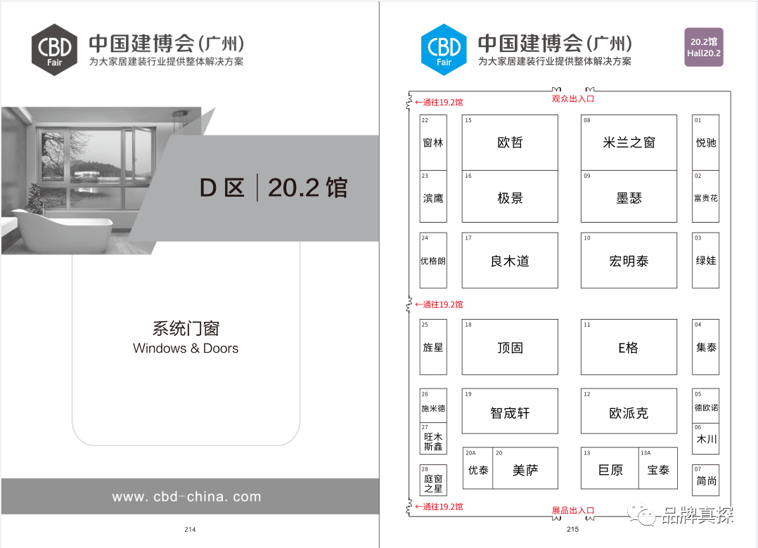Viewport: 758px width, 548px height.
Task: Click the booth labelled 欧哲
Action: click(510, 143)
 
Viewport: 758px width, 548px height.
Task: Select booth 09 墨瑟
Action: click(629, 197)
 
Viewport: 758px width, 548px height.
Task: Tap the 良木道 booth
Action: click(510, 261)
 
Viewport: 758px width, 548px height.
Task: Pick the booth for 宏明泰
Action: click(629, 261)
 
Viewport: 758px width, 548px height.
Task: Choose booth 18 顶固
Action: click(510, 347)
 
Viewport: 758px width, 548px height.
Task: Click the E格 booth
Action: click(629, 347)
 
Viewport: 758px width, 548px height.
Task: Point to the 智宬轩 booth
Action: click(510, 412)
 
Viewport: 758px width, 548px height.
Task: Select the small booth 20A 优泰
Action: click(478, 469)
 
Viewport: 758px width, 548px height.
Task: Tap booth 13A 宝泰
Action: click(658, 469)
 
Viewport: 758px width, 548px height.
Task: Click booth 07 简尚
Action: click(706, 480)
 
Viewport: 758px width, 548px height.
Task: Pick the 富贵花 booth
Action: click(706, 197)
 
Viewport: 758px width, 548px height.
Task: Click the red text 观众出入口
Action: click(573, 99)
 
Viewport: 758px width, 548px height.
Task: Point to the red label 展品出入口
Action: click(573, 510)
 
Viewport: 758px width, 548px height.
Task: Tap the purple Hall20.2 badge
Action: click(703, 47)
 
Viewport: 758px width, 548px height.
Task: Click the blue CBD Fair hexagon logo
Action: click(444, 49)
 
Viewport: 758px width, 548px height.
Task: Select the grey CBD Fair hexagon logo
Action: click(55, 49)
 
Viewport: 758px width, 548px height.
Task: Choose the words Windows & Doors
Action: click(186, 348)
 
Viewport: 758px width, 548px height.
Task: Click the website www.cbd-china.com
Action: click(186, 497)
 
